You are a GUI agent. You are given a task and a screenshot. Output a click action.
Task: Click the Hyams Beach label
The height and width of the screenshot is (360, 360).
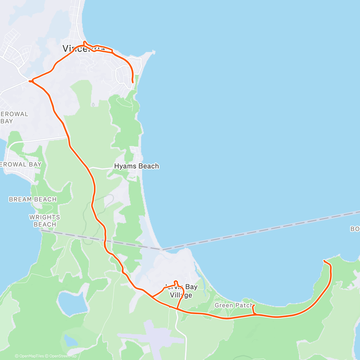pos(136,166)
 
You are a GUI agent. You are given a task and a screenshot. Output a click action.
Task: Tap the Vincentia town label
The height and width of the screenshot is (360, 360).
pos(81,49)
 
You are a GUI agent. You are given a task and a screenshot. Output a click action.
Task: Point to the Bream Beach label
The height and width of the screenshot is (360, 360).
pos(33,199)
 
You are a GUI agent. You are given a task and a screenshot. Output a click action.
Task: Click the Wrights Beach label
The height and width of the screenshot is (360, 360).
pos(44,221)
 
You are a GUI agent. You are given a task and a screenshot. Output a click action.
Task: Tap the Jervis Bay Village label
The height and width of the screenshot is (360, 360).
pos(181,291)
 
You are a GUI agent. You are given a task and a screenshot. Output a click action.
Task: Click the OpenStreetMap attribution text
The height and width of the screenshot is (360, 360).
pos(63,356)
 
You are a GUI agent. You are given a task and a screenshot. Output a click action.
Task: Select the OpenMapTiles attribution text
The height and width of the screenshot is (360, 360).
pos(31,356)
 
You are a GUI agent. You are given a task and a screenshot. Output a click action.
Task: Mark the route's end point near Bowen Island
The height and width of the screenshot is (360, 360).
pos(324,261)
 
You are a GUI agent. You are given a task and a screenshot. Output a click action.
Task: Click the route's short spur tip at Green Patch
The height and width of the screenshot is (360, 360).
pos(253,305)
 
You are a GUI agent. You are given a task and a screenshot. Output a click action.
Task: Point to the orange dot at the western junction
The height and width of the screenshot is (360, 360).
pos(30,81)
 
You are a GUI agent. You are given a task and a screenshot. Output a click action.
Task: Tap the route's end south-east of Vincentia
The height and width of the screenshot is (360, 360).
pos(133,82)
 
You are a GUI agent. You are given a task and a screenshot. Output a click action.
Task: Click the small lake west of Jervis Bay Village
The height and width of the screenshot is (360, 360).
pos(69,303)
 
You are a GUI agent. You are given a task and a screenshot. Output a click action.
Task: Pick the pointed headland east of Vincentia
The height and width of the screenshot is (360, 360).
pos(154,52)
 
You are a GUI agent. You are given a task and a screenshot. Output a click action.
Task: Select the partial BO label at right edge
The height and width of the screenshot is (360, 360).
pos(355,229)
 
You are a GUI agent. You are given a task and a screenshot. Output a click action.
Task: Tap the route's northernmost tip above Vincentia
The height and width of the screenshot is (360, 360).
pos(85,42)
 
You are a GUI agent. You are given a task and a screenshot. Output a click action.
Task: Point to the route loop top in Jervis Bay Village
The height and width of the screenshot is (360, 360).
pos(176,281)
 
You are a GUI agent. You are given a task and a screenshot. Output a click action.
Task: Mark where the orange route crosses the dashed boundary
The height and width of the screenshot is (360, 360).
pos(105,240)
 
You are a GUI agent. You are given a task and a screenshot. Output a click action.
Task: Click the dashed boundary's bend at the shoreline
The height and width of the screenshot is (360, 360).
pos(162,249)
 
